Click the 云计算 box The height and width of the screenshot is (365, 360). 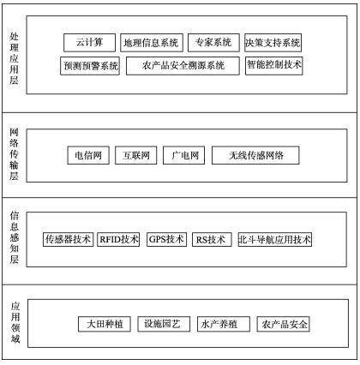(89, 43)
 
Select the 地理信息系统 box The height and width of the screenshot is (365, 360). (152, 43)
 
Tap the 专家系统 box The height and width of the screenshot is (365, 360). (213, 43)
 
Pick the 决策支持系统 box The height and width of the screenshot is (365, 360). (273, 43)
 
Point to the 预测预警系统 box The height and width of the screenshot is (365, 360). (90, 66)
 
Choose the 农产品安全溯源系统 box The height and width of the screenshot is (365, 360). (183, 66)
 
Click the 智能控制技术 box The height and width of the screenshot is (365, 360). (273, 66)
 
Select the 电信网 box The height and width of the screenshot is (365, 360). (88, 155)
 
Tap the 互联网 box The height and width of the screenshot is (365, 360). (135, 155)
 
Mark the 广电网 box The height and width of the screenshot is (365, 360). (183, 155)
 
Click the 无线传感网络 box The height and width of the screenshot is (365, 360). (255, 155)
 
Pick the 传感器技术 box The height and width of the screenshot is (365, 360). (68, 239)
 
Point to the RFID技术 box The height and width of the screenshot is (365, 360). (118, 239)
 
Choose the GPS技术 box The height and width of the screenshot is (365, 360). (166, 239)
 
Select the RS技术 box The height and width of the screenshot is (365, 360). (212, 239)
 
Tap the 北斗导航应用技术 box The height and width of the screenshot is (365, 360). (275, 239)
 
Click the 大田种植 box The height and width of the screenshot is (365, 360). (105, 324)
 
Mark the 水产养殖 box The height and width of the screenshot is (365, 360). (224, 324)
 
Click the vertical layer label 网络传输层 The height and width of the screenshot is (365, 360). (14, 154)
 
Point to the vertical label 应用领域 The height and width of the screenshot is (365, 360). (15, 323)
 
